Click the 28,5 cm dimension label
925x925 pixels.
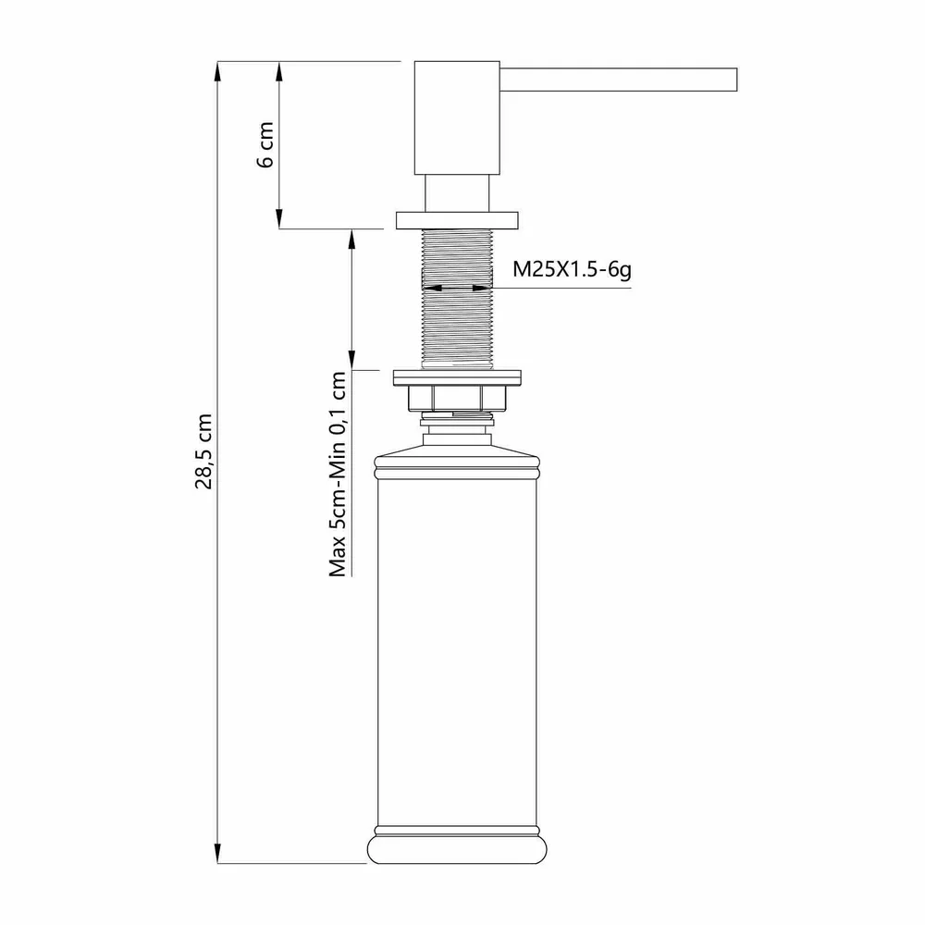click(203, 451)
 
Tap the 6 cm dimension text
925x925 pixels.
click(265, 144)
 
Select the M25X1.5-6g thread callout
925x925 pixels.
click(572, 269)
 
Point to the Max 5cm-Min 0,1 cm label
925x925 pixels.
click(338, 474)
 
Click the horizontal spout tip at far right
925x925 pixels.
click(736, 80)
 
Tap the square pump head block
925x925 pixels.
click(457, 117)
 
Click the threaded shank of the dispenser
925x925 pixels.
click(457, 299)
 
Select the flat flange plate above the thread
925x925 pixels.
click(457, 221)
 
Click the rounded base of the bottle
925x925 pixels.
click(457, 849)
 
